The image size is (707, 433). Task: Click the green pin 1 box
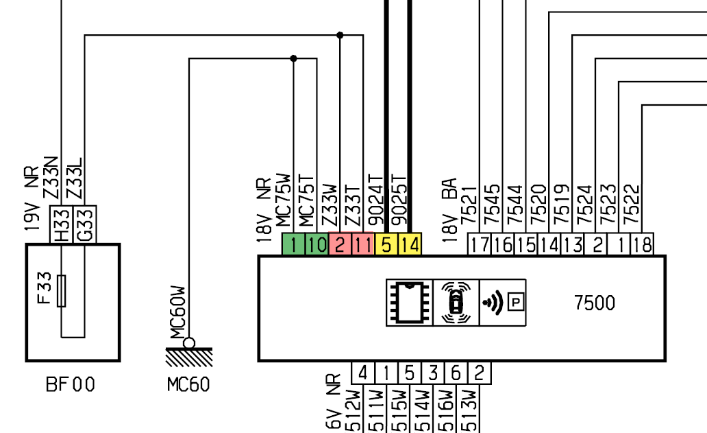[293, 244]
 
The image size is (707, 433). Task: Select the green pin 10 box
[317, 244]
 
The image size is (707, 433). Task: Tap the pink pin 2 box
[340, 244]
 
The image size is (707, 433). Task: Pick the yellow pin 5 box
[386, 244]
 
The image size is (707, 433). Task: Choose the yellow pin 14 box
[410, 244]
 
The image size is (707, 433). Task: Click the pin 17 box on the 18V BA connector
[480, 244]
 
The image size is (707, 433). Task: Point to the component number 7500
[595, 303]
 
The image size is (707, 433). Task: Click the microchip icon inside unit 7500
[410, 303]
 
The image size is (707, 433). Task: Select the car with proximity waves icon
[456, 303]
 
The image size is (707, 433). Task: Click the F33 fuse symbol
[62, 291]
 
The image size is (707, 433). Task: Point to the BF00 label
[71, 385]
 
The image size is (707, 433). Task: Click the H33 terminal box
[61, 224]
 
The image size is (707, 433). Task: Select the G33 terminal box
[84, 224]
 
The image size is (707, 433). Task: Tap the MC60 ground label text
[188, 385]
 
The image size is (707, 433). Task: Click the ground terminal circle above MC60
[189, 343]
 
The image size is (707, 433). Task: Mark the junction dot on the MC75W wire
[293, 58]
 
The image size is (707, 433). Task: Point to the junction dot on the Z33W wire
[340, 35]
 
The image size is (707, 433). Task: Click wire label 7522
[631, 204]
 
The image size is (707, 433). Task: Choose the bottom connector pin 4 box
[362, 373]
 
